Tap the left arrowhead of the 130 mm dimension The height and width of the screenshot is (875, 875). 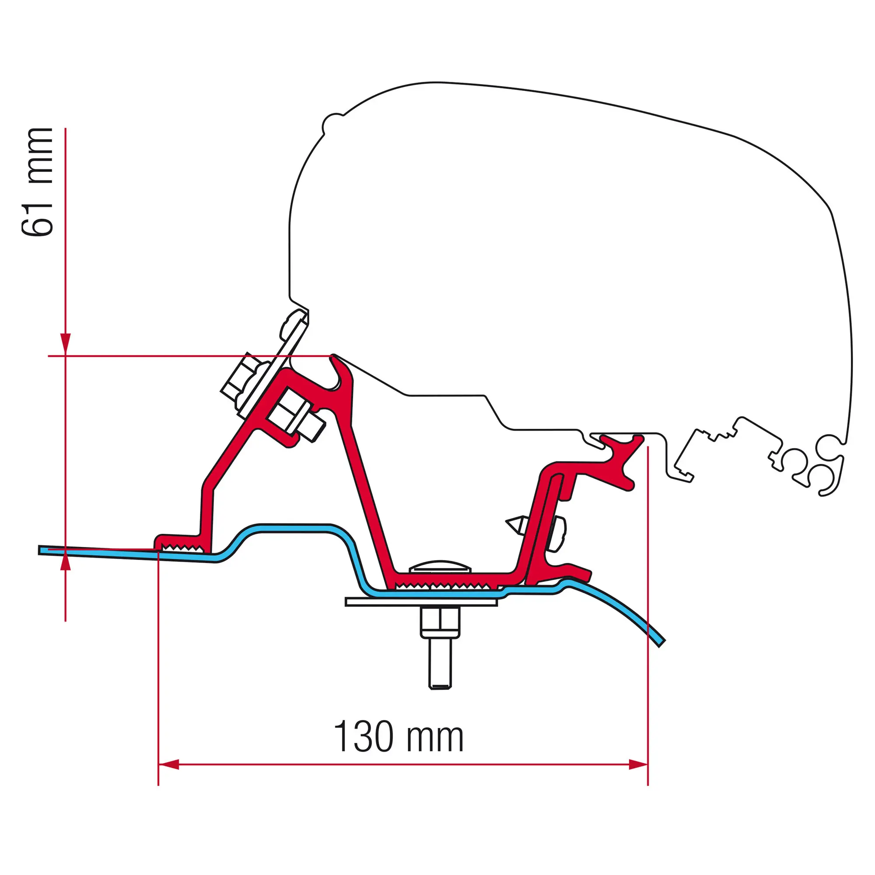(x=168, y=765)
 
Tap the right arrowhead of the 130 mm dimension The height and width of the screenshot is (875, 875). (x=638, y=765)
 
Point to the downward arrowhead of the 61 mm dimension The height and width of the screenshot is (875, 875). (x=66, y=344)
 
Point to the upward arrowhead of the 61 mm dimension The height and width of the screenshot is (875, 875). (x=66, y=560)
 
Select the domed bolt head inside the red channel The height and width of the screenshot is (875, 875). (x=440, y=566)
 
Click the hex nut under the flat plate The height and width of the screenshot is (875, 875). (x=440, y=622)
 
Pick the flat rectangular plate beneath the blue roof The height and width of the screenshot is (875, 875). (x=421, y=602)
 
